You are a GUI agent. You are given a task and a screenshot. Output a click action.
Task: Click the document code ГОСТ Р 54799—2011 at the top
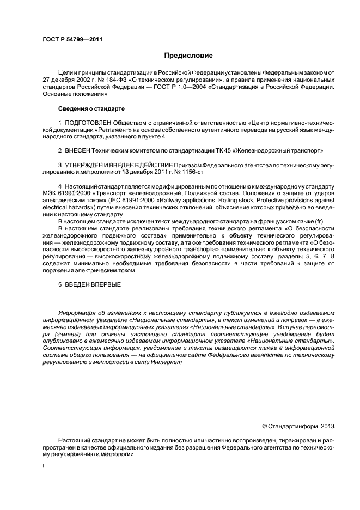tap(72, 40)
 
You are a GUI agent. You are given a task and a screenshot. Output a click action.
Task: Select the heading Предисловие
tap(188, 56)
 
